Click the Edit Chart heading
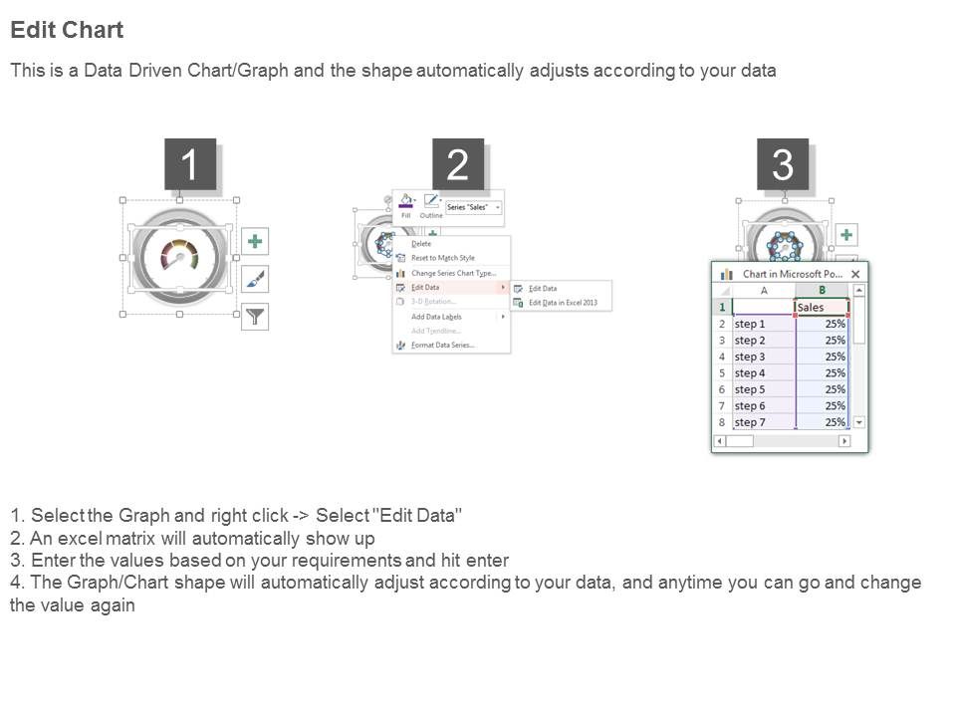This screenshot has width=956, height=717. click(67, 30)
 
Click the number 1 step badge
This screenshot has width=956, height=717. click(190, 164)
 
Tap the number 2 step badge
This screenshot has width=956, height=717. click(458, 164)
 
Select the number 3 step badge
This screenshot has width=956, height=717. click(783, 164)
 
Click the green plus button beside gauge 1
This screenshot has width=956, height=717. click(255, 241)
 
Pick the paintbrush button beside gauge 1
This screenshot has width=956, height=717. click(255, 279)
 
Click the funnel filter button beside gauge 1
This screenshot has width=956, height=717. click(255, 317)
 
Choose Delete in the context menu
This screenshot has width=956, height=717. click(421, 243)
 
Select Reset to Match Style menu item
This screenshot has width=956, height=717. click(443, 258)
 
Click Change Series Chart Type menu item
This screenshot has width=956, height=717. click(453, 273)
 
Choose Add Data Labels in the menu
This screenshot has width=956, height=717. click(436, 317)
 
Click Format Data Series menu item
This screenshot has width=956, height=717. click(443, 346)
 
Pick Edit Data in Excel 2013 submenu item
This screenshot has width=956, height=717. click(563, 303)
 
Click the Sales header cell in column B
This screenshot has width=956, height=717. click(821, 308)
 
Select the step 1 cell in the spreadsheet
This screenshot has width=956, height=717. click(763, 324)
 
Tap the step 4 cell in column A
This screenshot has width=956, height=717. click(763, 372)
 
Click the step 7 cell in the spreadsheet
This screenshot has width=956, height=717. click(763, 422)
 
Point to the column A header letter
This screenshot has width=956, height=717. click(764, 291)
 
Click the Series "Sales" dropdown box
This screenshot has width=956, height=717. click(473, 207)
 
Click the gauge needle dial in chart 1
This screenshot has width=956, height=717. click(180, 257)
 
